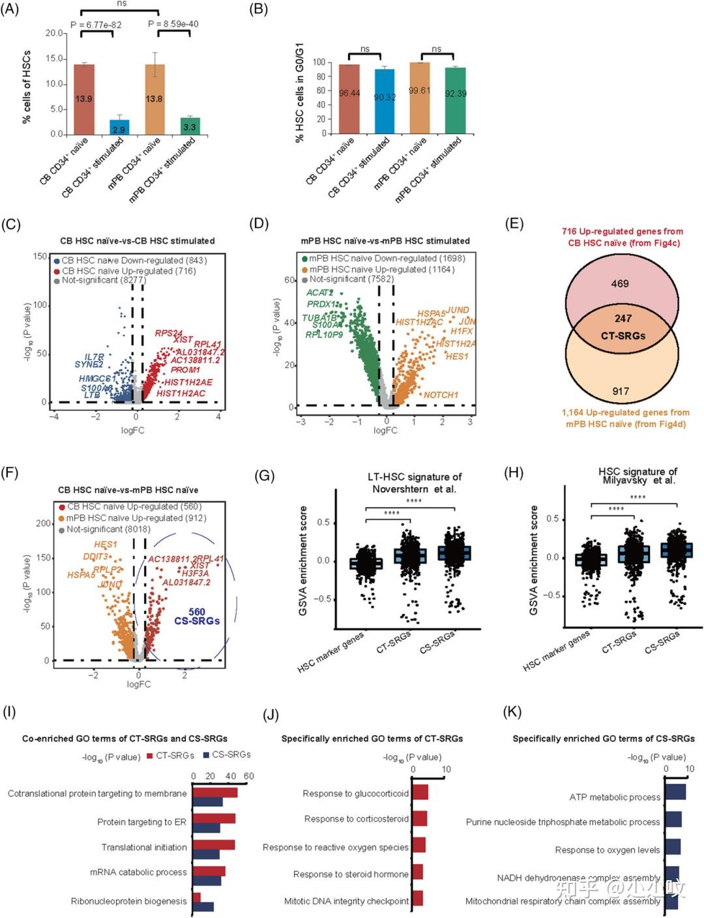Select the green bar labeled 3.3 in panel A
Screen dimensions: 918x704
(x=190, y=126)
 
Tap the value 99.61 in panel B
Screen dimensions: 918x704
(x=419, y=91)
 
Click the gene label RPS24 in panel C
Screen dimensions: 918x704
(x=168, y=334)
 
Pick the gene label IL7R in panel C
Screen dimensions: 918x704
(x=94, y=357)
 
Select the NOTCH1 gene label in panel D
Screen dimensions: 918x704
(x=441, y=395)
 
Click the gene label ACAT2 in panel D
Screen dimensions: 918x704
(x=319, y=293)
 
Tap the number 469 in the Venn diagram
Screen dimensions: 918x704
(x=620, y=283)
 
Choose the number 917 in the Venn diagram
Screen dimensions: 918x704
(x=621, y=391)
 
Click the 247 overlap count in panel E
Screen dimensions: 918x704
(x=623, y=319)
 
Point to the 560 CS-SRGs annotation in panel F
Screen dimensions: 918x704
(x=196, y=616)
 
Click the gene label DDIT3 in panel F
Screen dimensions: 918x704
(x=95, y=556)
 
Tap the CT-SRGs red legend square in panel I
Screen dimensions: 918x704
(x=150, y=756)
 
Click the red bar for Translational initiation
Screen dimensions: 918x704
(x=214, y=844)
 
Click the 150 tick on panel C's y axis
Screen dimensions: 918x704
(x=40, y=257)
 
